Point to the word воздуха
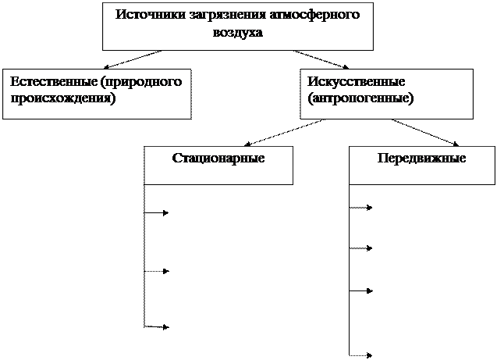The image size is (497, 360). click(238, 33)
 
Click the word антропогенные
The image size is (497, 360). click(361, 99)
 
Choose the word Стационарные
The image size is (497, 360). click(218, 158)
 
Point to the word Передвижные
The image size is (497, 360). click(421, 158)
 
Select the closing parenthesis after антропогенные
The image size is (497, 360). click(411, 100)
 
